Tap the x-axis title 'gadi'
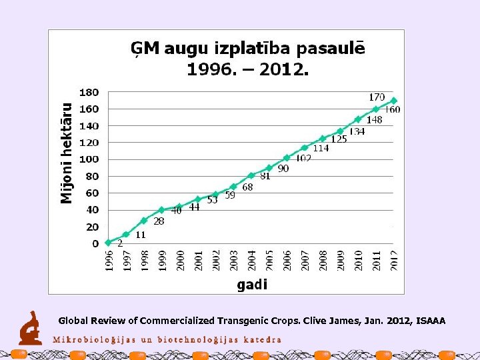[252, 285]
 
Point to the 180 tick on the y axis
[89, 92]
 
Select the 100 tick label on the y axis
[89, 159]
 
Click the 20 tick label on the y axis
[92, 227]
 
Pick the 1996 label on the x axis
[109, 260]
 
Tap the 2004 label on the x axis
[251, 260]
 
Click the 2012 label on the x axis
[394, 260]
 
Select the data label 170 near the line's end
[377, 97]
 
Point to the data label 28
[159, 221]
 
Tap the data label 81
[265, 176]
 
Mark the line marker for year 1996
[108, 242]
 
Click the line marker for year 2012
[393, 101]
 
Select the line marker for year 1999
[161, 209]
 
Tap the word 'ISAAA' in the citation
[431, 321]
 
